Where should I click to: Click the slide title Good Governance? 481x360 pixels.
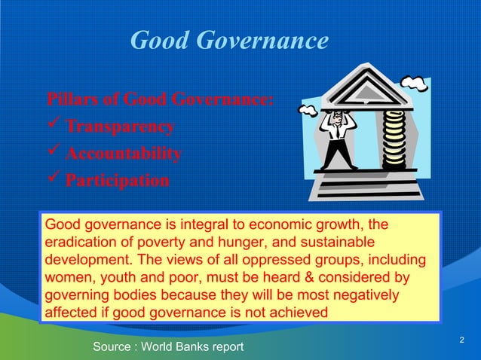coord(229,40)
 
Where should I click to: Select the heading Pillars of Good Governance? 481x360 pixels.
coord(160,99)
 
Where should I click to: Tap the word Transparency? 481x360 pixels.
coord(121,127)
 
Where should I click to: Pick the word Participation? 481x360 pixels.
coord(117,182)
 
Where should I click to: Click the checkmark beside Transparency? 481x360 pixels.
coord(55,126)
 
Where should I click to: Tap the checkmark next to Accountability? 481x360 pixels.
coord(55,154)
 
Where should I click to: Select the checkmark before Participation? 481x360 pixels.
coord(55,181)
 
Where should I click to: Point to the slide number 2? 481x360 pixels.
coord(461,342)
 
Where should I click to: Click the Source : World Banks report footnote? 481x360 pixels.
coord(168,346)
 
